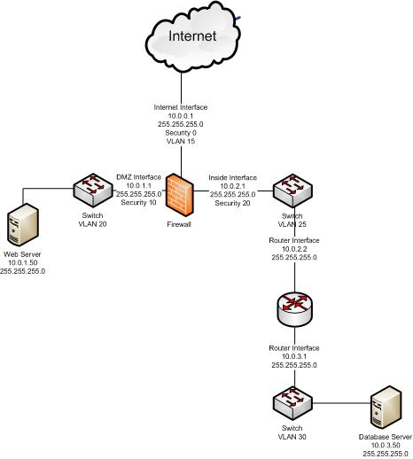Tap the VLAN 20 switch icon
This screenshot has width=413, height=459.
point(89,190)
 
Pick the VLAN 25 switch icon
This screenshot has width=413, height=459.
point(290,190)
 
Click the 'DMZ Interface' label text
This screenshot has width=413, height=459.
point(138,176)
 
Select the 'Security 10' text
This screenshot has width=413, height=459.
point(138,203)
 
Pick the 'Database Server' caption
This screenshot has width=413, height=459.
point(386,436)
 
